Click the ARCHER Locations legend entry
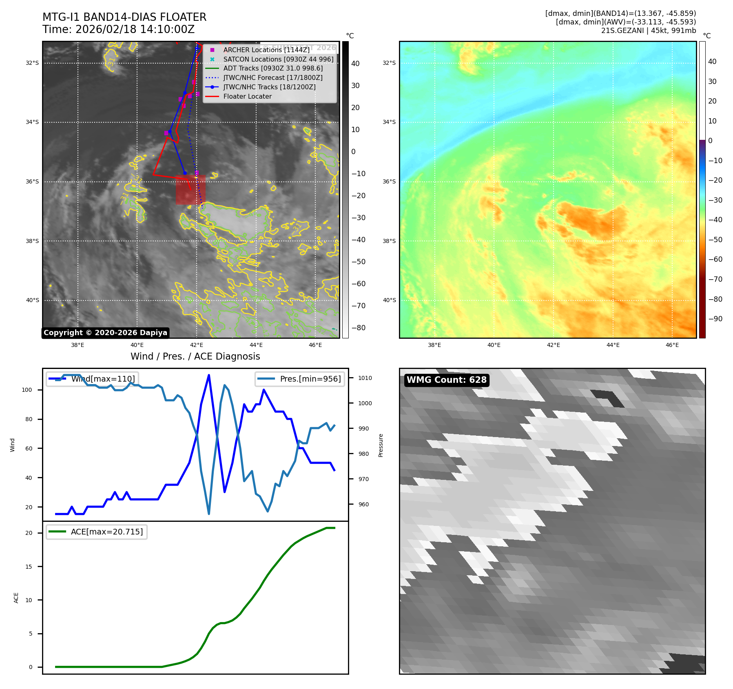point(266,50)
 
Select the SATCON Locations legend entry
point(278,59)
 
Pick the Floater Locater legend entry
point(247,96)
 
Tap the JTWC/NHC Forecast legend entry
point(272,77)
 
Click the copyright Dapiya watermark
point(105,333)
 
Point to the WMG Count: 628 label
point(446,380)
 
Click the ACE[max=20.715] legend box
point(97,532)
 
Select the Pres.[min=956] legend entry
point(300,379)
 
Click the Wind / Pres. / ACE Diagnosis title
point(195,356)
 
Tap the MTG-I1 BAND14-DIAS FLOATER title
point(124,17)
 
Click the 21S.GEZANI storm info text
point(648,31)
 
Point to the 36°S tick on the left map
point(33,182)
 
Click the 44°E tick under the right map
point(613,345)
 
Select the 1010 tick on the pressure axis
point(365,378)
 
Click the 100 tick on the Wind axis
point(27,390)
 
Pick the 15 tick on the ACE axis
point(29,567)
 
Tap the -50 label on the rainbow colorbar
point(715,240)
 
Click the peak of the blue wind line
point(209,375)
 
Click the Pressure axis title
point(381,445)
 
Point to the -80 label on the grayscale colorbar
point(358,328)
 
